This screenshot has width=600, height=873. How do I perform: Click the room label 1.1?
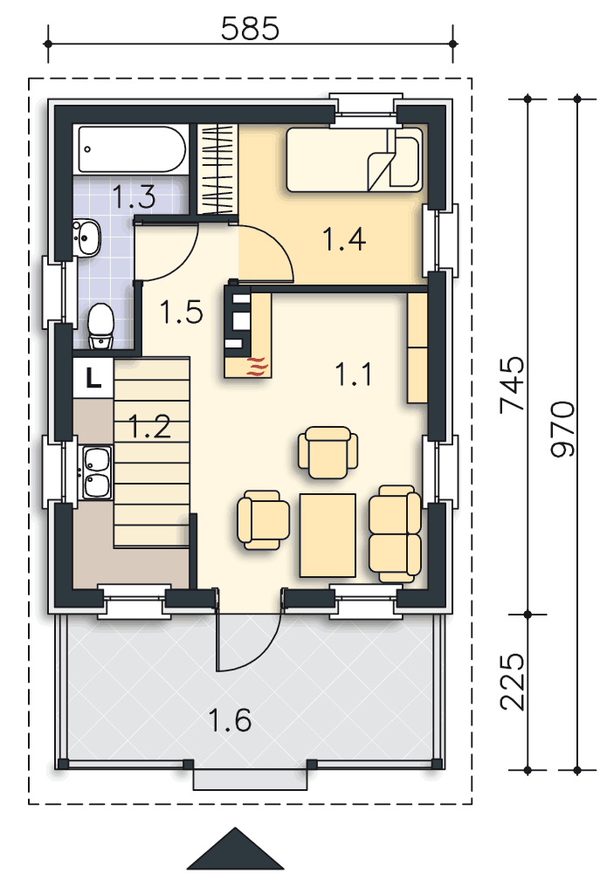[354, 375]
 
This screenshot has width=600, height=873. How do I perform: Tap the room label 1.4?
[342, 238]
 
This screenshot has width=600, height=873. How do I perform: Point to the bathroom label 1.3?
[134, 196]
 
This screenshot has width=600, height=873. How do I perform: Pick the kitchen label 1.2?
[149, 427]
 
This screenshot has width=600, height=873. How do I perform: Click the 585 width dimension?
[250, 29]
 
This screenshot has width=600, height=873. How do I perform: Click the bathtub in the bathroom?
[132, 150]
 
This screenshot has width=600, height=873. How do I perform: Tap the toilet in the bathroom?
[101, 320]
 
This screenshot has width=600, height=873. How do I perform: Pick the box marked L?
[93, 377]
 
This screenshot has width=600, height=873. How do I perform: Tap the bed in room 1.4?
[354, 159]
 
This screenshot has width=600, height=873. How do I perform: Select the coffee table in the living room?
[328, 534]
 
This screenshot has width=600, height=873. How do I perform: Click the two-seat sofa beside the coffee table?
[395, 534]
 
